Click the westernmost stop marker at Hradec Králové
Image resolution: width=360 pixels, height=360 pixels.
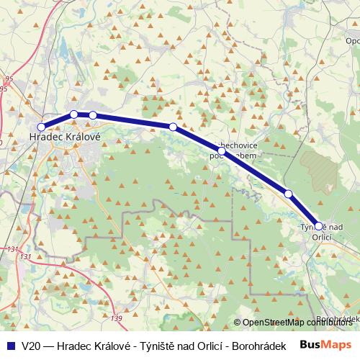coord(41,127)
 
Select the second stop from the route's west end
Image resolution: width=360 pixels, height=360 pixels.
coord(74,114)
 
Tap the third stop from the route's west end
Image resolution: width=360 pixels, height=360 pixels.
coord(93,115)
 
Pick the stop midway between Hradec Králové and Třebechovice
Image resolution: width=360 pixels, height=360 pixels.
coord(173,127)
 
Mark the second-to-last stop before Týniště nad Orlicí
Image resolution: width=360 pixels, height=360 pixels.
coord(288,194)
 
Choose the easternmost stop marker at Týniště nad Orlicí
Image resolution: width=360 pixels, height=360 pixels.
coord(319,226)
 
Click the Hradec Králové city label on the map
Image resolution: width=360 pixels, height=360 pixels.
coord(64,135)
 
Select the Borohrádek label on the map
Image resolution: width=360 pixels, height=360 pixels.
coord(338,318)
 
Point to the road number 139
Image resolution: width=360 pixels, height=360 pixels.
coord(117,318)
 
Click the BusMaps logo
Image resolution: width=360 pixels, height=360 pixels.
coord(326,345)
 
